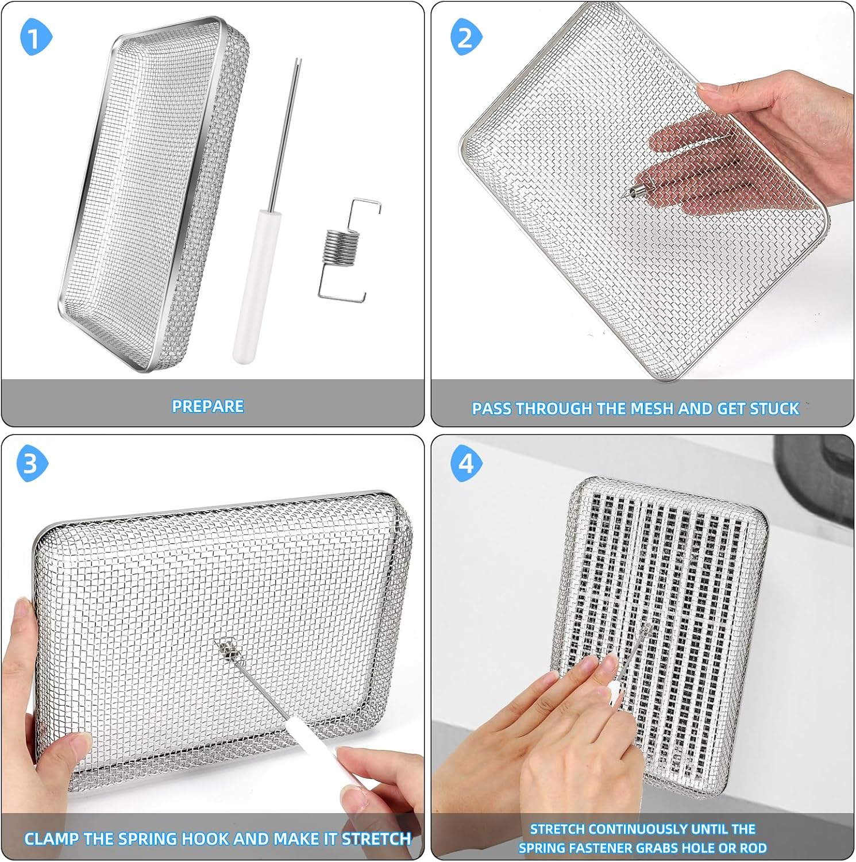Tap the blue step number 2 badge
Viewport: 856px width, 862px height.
click(x=466, y=37)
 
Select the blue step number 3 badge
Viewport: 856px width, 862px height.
click(x=32, y=463)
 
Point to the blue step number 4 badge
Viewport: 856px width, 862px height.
click(x=466, y=463)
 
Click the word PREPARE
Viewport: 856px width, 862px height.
click(x=208, y=406)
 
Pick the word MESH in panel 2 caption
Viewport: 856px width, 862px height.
click(x=653, y=409)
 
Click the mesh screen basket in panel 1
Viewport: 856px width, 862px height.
click(x=152, y=195)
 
